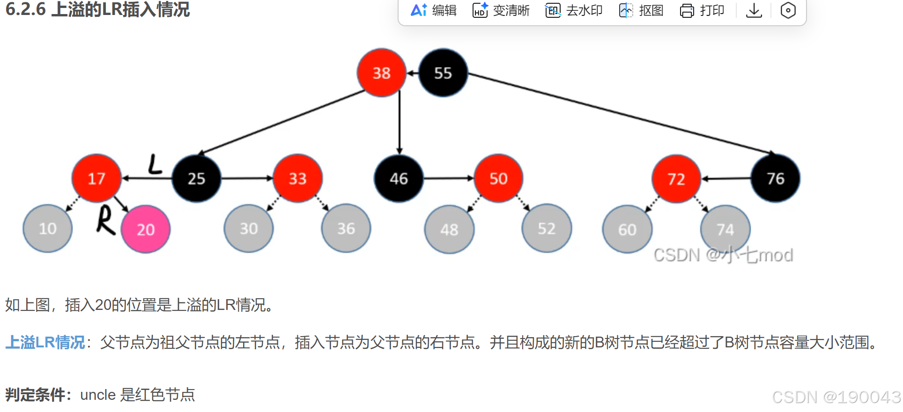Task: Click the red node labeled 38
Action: coord(381,73)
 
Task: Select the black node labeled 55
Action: coord(443,73)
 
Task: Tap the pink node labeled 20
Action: coord(146,229)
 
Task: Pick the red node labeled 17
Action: coord(96,178)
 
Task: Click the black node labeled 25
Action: coord(197,178)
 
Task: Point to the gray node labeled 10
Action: coord(48,228)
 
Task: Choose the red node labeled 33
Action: coord(298,178)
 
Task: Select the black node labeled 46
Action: coord(399,178)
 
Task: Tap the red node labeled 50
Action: coord(498,178)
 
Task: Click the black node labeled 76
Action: coord(775,178)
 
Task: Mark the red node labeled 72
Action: coord(676,179)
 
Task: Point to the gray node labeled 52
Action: coord(547,228)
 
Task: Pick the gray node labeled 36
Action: coord(346,228)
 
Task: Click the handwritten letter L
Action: coord(155,165)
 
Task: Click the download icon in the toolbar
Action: coord(754,10)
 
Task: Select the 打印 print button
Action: coord(702,10)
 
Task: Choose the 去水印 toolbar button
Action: coord(574,10)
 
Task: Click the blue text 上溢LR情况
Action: coord(45,342)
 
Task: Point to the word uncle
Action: coord(98,395)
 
